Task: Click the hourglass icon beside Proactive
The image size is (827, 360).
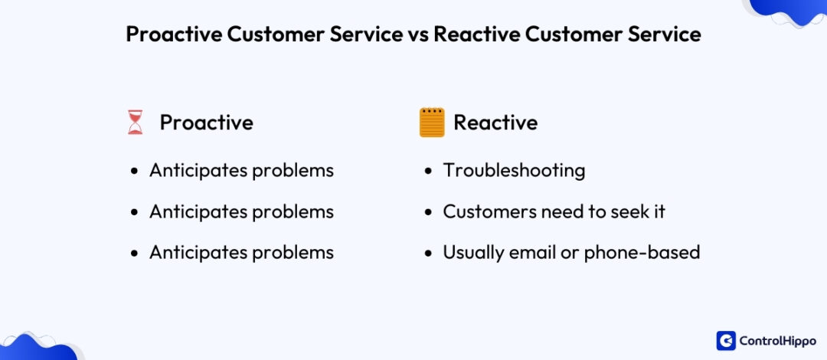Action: click(136, 123)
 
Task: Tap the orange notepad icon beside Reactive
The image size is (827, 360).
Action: click(432, 123)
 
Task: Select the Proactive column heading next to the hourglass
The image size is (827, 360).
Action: click(206, 123)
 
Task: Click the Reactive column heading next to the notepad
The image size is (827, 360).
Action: click(495, 123)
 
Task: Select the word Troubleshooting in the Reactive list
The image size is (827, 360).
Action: click(514, 170)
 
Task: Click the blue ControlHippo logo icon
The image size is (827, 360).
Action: click(726, 340)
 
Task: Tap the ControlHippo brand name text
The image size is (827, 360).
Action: click(777, 340)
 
